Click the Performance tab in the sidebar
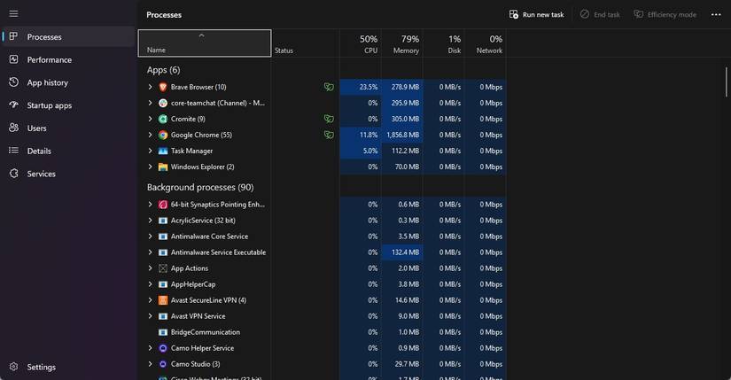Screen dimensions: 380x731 pyautogui.click(x=49, y=59)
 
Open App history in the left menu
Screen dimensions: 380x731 pyautogui.click(x=47, y=82)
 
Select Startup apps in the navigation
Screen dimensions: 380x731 pyautogui.click(x=49, y=105)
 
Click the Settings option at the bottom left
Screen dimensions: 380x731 pyautogui.click(x=41, y=367)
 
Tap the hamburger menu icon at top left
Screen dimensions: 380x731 pyautogui.click(x=13, y=14)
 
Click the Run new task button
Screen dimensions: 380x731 pyautogui.click(x=536, y=14)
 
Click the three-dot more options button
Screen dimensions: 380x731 pyautogui.click(x=716, y=14)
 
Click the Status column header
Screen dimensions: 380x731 pyautogui.click(x=284, y=50)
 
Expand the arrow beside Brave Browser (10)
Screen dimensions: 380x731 pyautogui.click(x=151, y=87)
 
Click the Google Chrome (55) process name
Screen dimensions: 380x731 pyautogui.click(x=201, y=135)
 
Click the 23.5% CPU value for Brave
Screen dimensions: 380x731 pyautogui.click(x=368, y=87)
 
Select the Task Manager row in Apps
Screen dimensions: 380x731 pyautogui.click(x=191, y=151)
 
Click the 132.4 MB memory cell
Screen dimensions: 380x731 pyautogui.click(x=403, y=252)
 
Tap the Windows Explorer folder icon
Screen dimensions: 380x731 pyautogui.click(x=163, y=167)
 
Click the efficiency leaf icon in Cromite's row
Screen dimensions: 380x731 pyautogui.click(x=329, y=119)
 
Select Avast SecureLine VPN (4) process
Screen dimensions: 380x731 pyautogui.click(x=208, y=300)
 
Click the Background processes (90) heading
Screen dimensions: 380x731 pyautogui.click(x=200, y=187)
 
